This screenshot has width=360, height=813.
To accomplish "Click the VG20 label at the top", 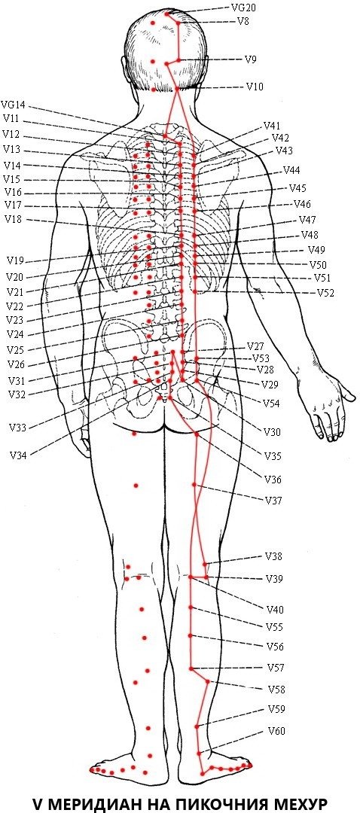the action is pos(243,8).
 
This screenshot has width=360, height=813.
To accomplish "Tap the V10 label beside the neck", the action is pos(255,87).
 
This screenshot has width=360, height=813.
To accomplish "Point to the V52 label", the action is pos(326,293).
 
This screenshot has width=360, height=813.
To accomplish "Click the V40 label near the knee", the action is pos(275,610).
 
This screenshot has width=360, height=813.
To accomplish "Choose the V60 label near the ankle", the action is pos(276,732).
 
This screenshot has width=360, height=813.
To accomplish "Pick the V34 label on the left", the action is pos(18,455).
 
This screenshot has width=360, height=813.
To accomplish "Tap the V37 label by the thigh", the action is pos(273,501).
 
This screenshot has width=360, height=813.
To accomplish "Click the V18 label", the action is pos(13,219).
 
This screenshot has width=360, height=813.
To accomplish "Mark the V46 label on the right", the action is pos(303,204).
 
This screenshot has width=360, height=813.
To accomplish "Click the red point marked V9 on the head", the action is pos(179,60).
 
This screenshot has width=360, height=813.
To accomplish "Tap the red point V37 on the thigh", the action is pos(194,485).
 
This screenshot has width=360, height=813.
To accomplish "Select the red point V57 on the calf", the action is pos(191,668).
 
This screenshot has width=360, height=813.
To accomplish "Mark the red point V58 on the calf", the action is pos(208,682).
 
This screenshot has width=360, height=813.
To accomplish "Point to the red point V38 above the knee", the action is pos(205,564).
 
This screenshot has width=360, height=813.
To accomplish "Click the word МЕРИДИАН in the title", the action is pos(90,802).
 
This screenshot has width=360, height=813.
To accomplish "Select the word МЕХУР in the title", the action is pos(301,802).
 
